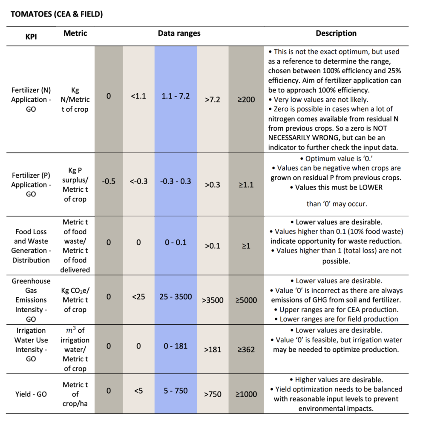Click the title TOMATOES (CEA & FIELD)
click(57, 14)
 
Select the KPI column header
click(31, 37)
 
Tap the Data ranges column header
click(179, 33)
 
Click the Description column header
click(336, 33)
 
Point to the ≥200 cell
click(246, 99)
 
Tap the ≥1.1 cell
click(246, 185)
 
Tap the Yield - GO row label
click(31, 394)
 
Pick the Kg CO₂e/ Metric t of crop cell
click(75, 300)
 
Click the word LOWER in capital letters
click(371, 187)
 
